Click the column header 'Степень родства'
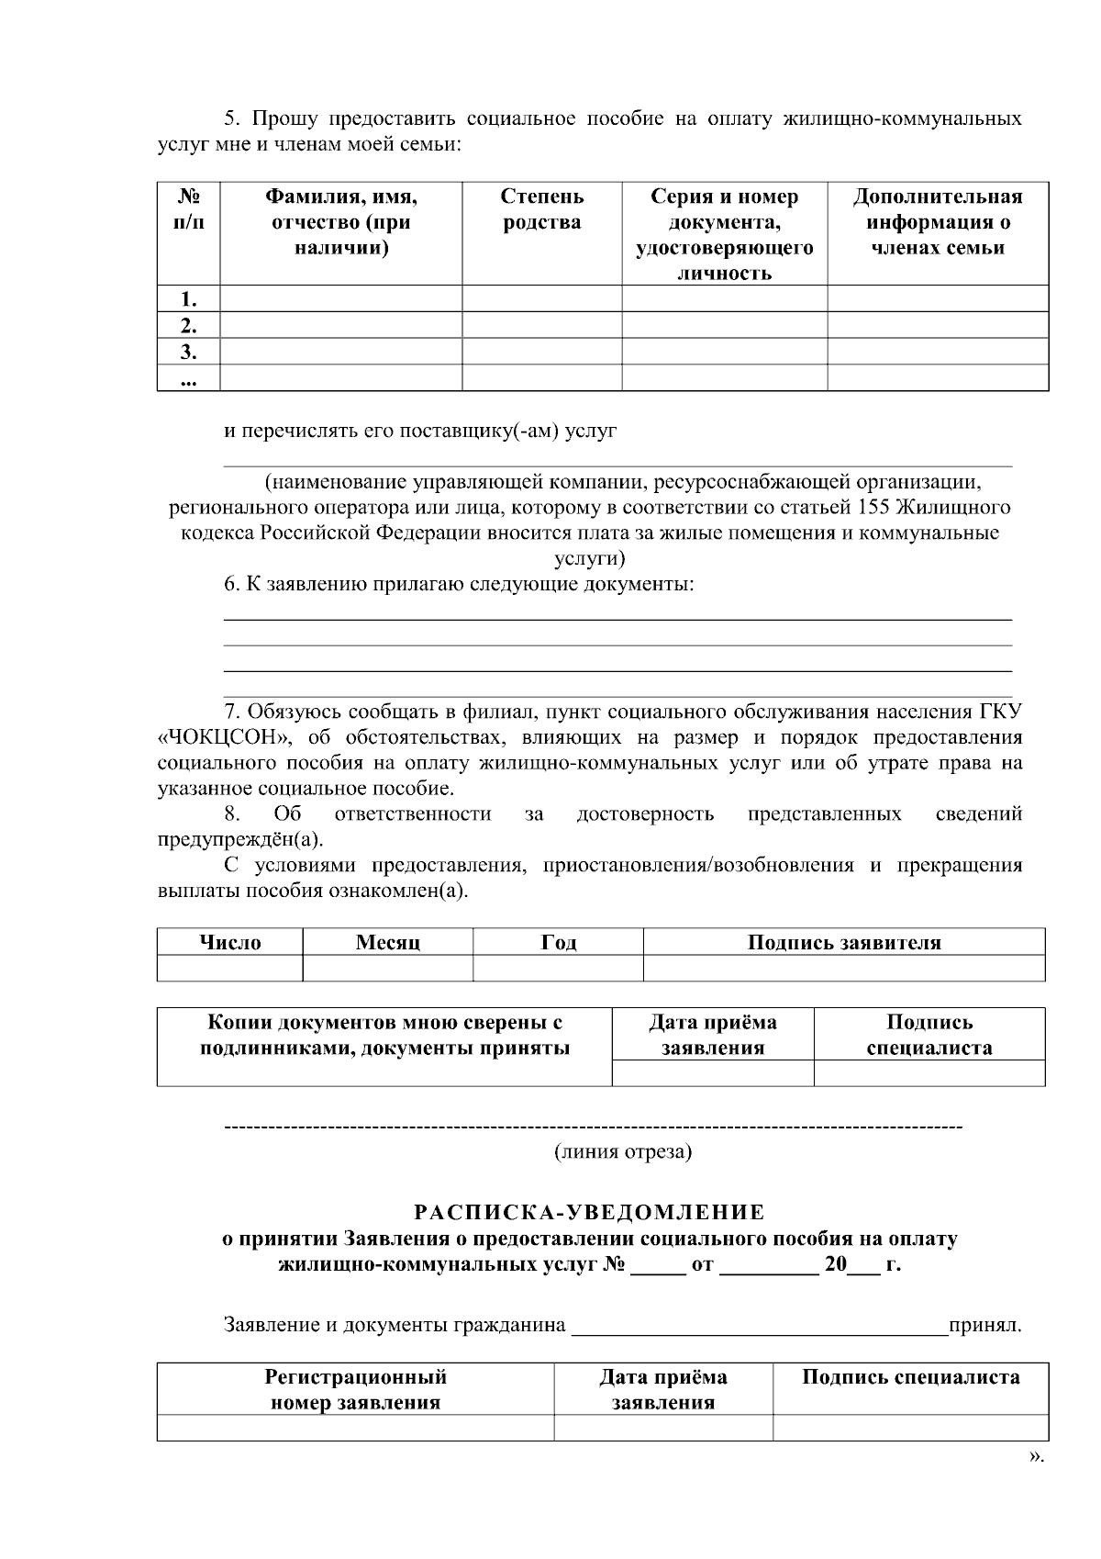click(541, 210)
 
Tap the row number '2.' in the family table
click(188, 325)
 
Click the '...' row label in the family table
click(188, 378)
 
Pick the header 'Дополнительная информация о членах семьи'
click(937, 222)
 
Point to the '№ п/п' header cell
click(188, 209)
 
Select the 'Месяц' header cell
click(387, 943)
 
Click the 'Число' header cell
click(229, 943)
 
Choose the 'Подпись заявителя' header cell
click(843, 943)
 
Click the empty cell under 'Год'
click(557, 969)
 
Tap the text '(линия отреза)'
click(622, 1151)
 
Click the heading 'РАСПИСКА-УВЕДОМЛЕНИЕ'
click(589, 1213)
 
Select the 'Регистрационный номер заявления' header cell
click(355, 1389)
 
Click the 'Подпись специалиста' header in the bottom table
click(910, 1377)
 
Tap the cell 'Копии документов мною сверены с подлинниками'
click(384, 1036)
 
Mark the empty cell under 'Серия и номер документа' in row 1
click(724, 299)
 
